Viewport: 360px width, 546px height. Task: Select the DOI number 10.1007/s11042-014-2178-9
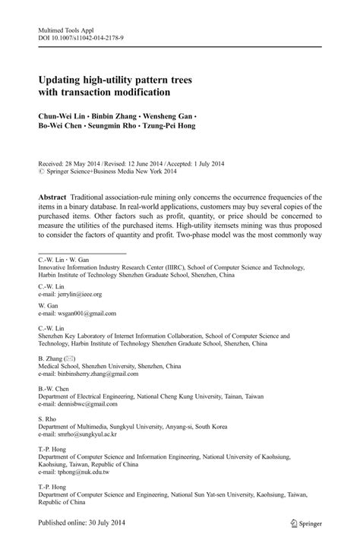point(90,36)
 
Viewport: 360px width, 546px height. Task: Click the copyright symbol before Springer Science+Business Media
point(41,172)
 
